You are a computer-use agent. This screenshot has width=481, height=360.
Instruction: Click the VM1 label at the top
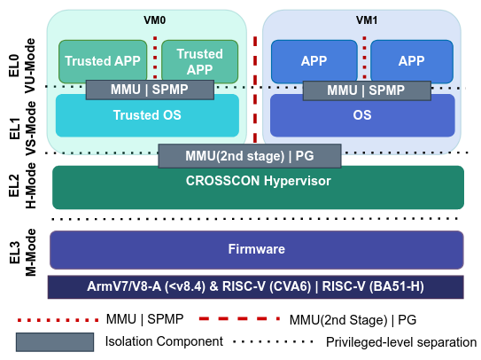tap(362, 18)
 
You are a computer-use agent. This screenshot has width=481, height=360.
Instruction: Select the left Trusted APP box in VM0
tap(101, 60)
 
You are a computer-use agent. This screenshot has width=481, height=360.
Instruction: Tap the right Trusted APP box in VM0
tap(199, 60)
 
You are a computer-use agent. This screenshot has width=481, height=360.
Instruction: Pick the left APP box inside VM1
tap(314, 60)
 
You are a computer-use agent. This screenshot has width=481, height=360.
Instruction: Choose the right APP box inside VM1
tap(412, 60)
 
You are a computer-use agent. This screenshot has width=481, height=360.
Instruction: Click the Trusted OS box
tap(147, 115)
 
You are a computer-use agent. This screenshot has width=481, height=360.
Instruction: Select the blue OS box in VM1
tap(361, 115)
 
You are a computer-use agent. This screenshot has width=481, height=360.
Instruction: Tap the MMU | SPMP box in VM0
tap(150, 90)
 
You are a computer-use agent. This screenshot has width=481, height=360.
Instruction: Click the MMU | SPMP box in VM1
tap(366, 90)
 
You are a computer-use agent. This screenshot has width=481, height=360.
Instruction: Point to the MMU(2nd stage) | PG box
tap(249, 156)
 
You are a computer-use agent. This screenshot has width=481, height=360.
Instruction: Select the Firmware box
tap(257, 249)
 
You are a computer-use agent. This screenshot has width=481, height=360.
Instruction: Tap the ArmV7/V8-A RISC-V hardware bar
tap(256, 286)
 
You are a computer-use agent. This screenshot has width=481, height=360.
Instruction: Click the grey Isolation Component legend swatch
tap(54, 341)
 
